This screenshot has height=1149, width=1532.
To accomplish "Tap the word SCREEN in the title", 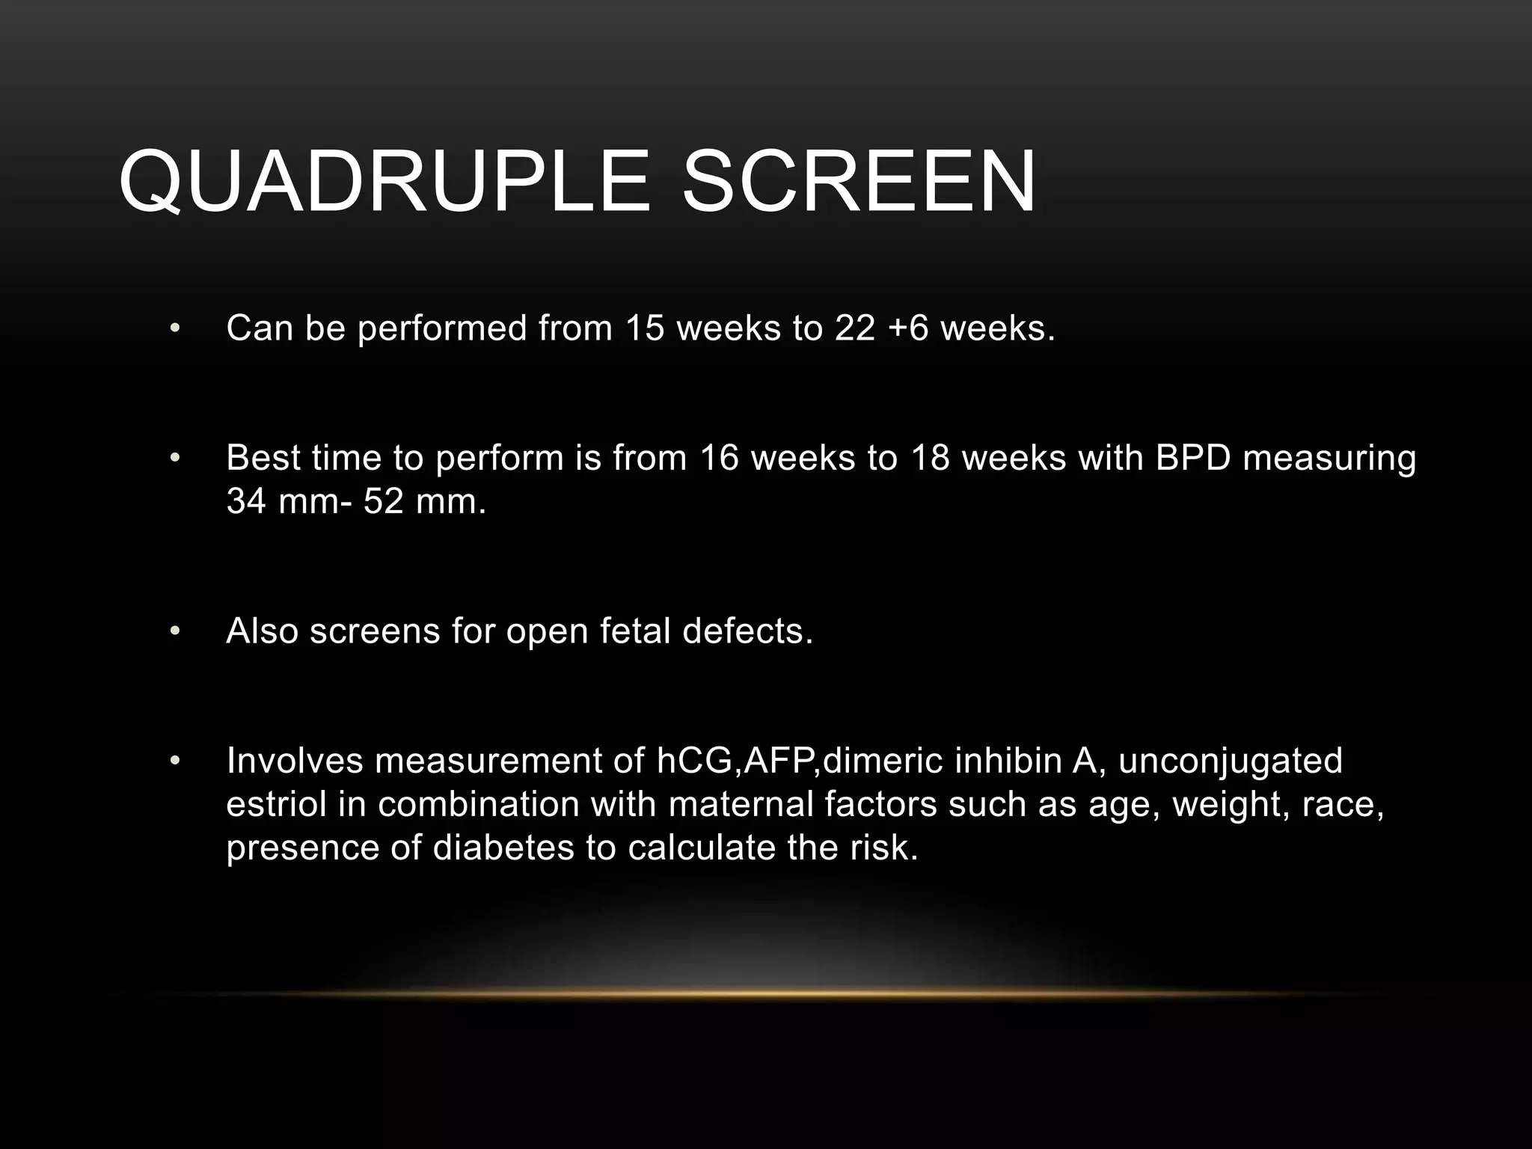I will (859, 182).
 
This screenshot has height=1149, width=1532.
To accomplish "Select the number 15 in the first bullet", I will (644, 328).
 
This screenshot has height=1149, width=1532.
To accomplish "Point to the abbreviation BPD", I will (1192, 457).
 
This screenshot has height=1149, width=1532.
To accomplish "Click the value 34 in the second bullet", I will (247, 500).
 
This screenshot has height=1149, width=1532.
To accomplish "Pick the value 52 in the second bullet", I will (384, 500).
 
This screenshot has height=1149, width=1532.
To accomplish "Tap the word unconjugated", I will (1230, 762).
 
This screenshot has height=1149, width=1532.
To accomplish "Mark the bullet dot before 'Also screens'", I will (175, 631).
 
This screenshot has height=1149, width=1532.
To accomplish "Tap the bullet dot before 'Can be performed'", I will (175, 328).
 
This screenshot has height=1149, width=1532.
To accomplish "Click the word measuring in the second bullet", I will (1329, 459).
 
